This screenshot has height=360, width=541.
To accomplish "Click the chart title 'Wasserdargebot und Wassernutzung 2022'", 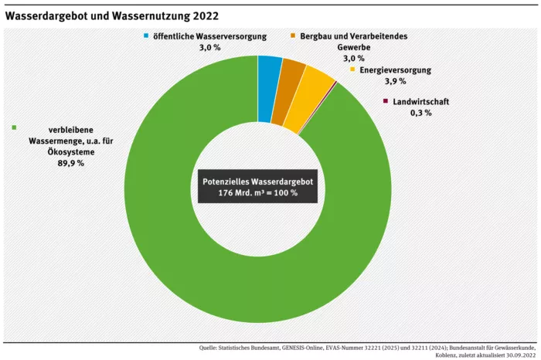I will pos(112,15).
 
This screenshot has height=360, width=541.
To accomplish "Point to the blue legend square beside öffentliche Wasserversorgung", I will pos(145,36).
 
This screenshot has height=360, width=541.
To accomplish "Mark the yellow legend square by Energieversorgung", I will pos(353,70).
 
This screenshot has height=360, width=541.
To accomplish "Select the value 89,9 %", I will pos(71,164).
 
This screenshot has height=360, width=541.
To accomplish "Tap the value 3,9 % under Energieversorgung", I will pos(395,81).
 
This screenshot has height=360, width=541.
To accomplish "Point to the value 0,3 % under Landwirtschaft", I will pos(420,113).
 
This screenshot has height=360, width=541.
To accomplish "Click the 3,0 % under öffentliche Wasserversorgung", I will pos(207,48).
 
